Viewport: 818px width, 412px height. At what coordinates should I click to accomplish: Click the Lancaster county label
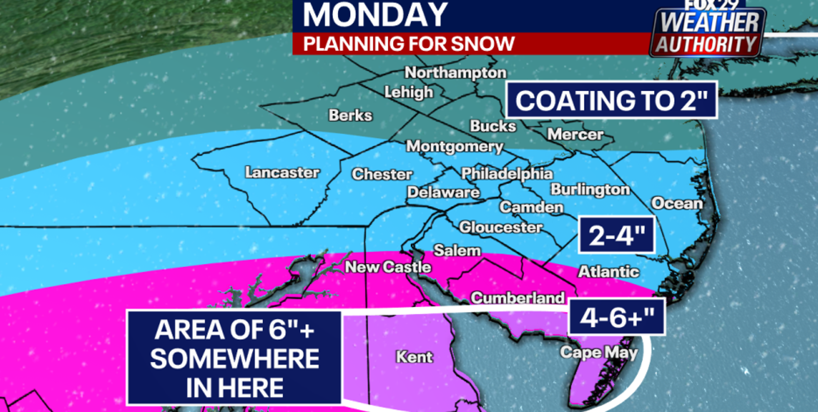(282, 172)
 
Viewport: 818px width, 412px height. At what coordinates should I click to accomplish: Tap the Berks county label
(350, 115)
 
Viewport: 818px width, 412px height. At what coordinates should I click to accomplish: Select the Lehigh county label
(409, 92)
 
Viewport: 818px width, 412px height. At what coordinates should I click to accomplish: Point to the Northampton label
(455, 72)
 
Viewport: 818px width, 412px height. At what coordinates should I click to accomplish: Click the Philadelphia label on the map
(506, 174)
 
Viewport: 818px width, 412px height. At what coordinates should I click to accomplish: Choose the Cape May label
(599, 352)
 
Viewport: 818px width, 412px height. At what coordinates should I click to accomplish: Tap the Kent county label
(414, 357)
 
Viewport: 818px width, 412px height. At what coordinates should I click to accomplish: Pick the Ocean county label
(677, 203)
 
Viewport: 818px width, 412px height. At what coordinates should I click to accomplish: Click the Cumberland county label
(517, 298)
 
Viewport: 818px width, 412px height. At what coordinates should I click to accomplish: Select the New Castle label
(388, 267)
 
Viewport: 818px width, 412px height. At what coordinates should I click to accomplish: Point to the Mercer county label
(575, 134)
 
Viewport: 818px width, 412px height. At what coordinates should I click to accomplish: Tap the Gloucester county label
(500, 227)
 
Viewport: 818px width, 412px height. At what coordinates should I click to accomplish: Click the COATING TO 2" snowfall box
(611, 100)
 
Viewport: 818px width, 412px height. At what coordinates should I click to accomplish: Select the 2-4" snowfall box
(617, 235)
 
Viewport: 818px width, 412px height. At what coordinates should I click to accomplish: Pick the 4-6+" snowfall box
(617, 317)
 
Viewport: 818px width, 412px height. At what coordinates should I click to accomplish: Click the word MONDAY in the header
(375, 15)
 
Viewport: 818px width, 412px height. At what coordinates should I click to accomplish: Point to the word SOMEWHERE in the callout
(234, 359)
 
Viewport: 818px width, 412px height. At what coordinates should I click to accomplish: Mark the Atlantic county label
(608, 272)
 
